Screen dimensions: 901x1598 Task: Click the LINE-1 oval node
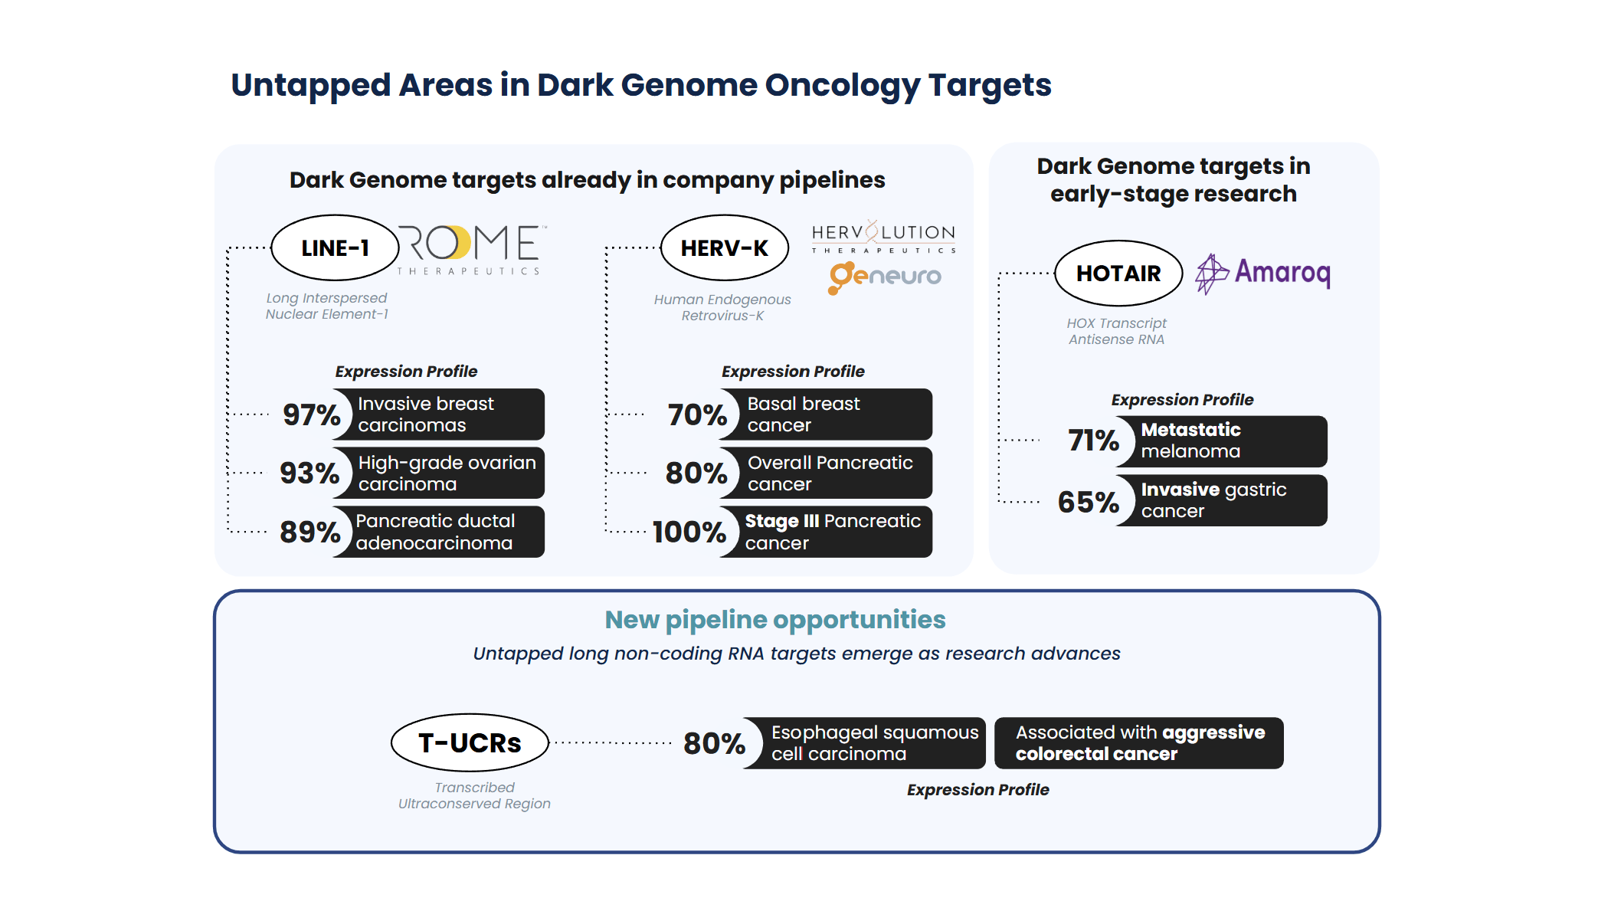[x=335, y=248]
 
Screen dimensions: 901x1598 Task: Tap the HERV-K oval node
[x=724, y=248]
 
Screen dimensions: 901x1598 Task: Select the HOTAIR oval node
[x=1118, y=274]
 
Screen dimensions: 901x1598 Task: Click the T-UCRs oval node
[x=470, y=742]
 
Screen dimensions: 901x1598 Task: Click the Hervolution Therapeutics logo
[x=883, y=238]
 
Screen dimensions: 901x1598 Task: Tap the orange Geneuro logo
[x=885, y=277]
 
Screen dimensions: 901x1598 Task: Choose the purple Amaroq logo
[x=1263, y=274]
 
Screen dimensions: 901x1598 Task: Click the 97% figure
[x=311, y=414]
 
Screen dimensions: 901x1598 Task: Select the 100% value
[x=689, y=532]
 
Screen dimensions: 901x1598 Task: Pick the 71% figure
[x=1093, y=441]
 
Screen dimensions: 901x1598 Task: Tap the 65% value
[x=1088, y=502]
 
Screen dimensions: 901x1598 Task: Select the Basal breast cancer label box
[x=831, y=414]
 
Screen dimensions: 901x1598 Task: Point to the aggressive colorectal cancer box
[x=1138, y=743]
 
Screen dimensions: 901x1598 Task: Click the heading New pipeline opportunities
[x=774, y=619]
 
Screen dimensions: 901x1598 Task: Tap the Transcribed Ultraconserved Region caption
[x=474, y=795]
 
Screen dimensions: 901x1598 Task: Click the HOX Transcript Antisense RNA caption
[x=1117, y=331]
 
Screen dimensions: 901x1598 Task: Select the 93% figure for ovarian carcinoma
[x=309, y=473]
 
